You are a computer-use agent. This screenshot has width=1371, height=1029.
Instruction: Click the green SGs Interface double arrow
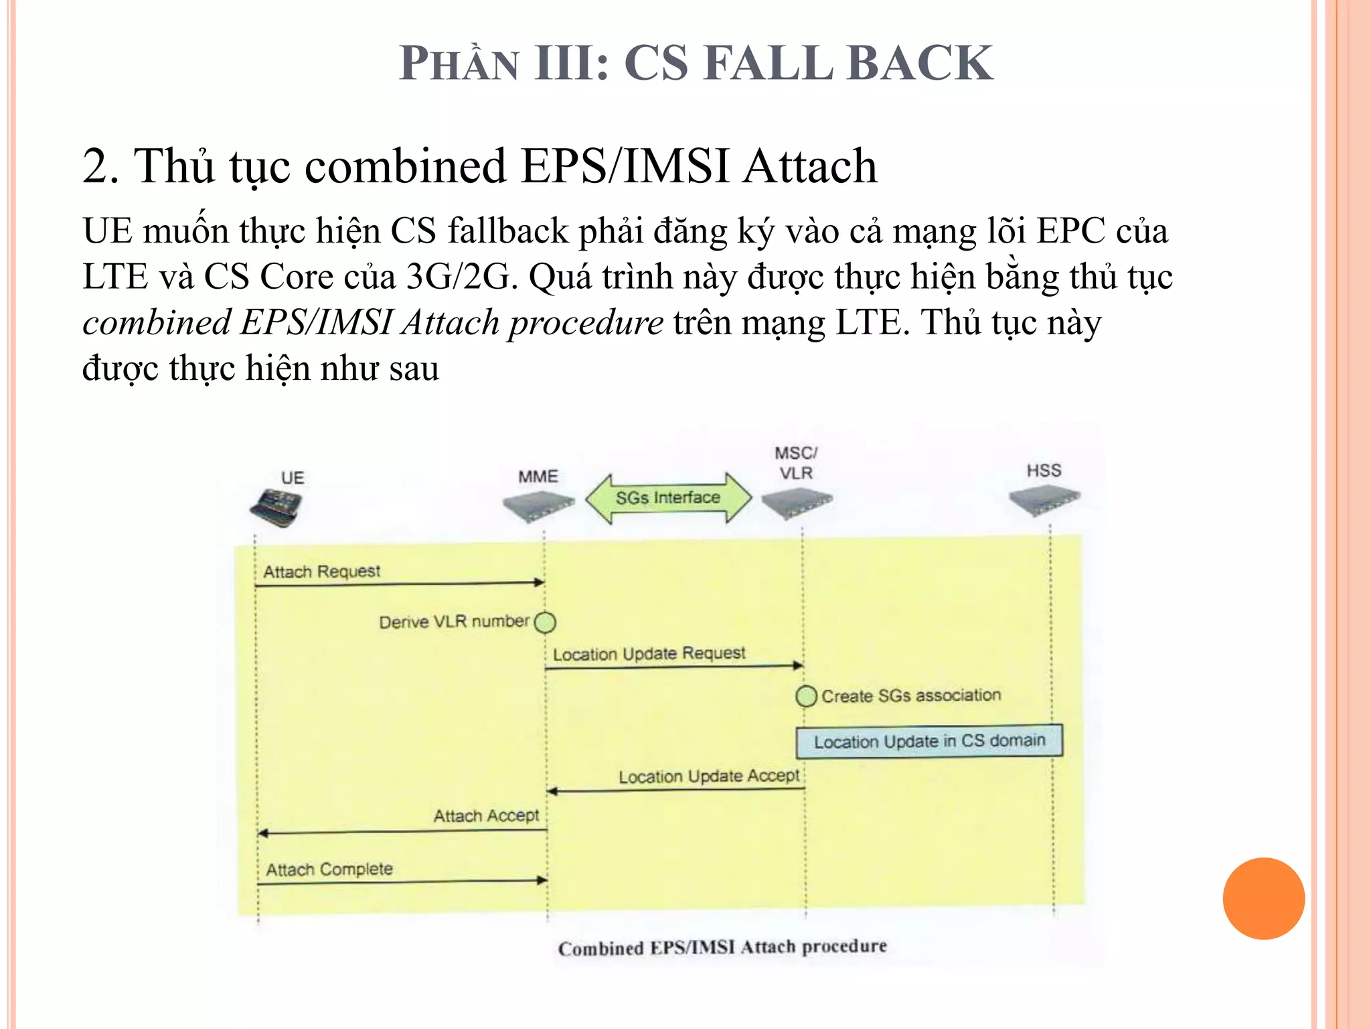pos(668,498)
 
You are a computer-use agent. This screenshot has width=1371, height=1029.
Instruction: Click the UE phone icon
pos(276,507)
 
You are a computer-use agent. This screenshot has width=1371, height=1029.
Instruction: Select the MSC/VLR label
pos(796,463)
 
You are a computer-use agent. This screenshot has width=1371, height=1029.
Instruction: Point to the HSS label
pos(1044,470)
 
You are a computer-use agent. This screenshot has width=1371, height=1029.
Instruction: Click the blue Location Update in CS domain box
pos(929,741)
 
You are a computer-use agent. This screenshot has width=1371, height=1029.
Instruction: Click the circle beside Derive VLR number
pos(545,622)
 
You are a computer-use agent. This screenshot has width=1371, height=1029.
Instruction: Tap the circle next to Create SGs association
pos(806,696)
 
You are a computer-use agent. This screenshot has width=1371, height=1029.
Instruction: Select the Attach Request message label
pos(321,571)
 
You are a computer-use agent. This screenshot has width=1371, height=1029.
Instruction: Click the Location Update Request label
pos(649,654)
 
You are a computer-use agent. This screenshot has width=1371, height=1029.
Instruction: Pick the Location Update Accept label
pos(708,776)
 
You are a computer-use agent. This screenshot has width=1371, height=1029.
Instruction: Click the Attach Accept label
pos(486,815)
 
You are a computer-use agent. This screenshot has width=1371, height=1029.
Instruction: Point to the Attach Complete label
pos(329,870)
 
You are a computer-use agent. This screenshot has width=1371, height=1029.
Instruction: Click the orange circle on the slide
pos(1263,898)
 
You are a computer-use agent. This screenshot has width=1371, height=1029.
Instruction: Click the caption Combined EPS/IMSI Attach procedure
pos(722,947)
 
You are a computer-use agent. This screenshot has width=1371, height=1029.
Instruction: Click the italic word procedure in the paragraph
pos(586,323)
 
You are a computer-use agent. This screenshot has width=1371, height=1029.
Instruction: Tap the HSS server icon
pos(1044,500)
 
